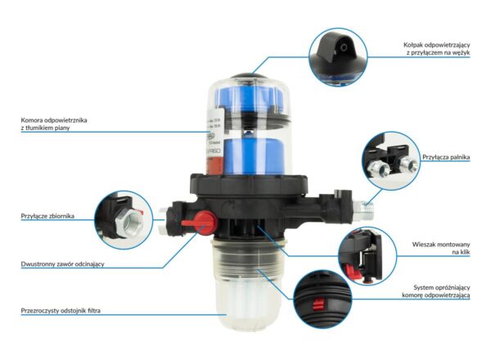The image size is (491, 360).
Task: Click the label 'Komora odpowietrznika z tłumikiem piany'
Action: [x=54, y=124]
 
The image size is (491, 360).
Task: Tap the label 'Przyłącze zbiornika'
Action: [x=47, y=216]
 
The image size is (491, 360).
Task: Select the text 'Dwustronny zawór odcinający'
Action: [x=62, y=264]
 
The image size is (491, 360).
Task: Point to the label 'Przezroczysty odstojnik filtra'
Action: [x=61, y=311]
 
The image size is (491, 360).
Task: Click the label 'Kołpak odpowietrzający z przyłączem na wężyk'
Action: [x=436, y=49]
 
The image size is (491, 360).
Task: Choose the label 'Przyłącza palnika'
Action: [x=446, y=157]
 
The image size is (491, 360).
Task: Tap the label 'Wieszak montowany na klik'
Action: [x=441, y=248]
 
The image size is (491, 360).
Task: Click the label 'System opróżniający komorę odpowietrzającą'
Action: [x=436, y=291]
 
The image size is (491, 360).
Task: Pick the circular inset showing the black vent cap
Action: [x=338, y=57]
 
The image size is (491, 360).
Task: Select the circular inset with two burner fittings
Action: [x=391, y=160]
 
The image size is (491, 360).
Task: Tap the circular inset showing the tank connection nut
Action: [x=124, y=220]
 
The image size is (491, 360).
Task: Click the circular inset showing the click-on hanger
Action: [x=367, y=256]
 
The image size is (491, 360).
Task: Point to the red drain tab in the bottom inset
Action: [x=318, y=304]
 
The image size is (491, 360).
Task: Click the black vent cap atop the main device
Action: [x=250, y=75]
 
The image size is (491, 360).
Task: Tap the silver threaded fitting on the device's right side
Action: [x=363, y=207]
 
